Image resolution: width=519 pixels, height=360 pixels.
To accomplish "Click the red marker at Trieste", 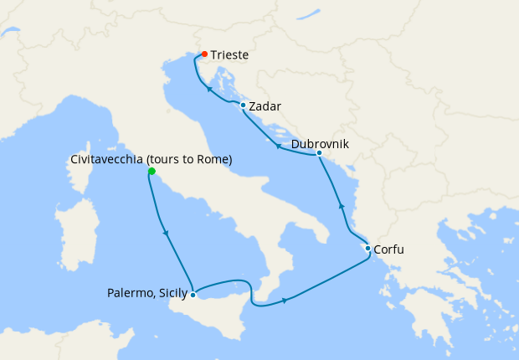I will [x=204, y=55].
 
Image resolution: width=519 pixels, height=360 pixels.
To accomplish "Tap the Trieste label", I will [x=229, y=55].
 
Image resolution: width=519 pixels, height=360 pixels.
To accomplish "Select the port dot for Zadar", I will [x=243, y=105].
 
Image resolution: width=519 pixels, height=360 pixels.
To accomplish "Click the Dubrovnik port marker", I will [x=320, y=153].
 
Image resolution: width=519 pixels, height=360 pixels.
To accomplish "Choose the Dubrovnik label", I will [x=320, y=144].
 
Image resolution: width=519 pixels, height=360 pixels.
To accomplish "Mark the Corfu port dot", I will [x=367, y=248].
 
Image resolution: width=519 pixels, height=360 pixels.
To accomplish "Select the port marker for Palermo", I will [x=193, y=294].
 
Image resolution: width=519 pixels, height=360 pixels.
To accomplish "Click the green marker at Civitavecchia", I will [x=152, y=171].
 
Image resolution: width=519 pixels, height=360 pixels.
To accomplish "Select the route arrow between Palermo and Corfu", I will [x=285, y=300].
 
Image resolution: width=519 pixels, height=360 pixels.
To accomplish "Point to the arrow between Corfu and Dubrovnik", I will [x=341, y=205].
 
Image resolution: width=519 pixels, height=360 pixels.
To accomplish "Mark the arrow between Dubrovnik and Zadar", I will [x=277, y=146].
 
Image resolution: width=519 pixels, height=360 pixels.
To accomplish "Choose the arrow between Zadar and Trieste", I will [x=208, y=88].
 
